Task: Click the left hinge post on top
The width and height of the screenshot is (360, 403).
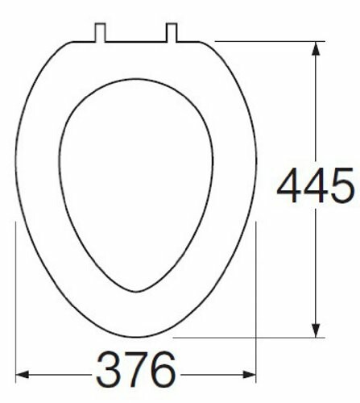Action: pyautogui.click(x=101, y=31)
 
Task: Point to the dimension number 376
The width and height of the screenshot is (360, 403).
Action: pyautogui.click(x=135, y=372)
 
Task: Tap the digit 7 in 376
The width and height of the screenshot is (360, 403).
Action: pyautogui.click(x=135, y=372)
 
